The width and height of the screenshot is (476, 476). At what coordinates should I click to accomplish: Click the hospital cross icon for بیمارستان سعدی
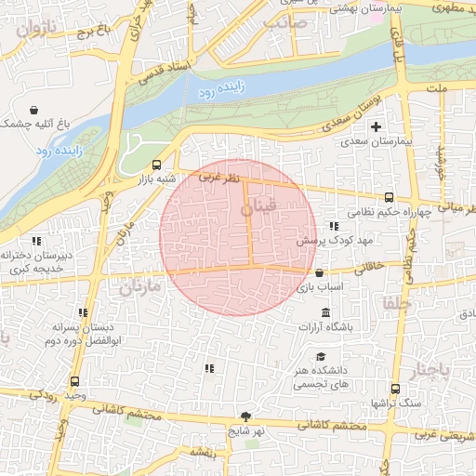point(376,126)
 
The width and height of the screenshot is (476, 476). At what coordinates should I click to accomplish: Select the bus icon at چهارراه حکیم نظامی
point(389,197)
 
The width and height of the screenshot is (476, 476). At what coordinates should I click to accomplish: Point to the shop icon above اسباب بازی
point(320,273)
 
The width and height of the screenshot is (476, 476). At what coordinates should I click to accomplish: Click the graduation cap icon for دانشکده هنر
point(321,357)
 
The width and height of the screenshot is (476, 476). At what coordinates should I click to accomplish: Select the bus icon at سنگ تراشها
point(396,390)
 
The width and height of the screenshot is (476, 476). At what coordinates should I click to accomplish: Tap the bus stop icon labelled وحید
point(74,381)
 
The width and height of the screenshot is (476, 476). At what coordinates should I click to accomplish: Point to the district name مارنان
point(139,287)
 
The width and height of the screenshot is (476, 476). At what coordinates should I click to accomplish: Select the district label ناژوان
point(35,29)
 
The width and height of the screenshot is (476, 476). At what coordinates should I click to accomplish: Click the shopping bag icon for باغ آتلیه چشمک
point(34,109)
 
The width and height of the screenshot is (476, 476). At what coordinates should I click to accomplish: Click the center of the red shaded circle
point(237,237)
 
